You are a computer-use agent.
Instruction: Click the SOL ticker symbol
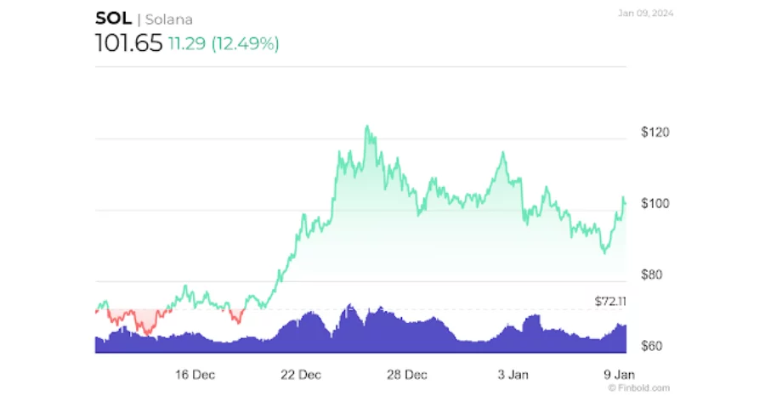tap(113, 19)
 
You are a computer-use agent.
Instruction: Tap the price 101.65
tap(127, 43)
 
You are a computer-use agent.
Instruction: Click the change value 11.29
tap(187, 44)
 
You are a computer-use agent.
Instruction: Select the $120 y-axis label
tap(654, 133)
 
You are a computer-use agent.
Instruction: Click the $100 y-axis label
tap(654, 204)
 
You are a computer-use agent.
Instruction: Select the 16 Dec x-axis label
tap(194, 375)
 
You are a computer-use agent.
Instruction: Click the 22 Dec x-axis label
tap(300, 375)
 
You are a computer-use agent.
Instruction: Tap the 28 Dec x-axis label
tap(406, 375)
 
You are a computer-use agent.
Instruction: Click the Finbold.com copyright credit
tap(638, 388)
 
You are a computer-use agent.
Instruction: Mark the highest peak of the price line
tap(367, 127)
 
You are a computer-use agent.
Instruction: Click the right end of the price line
tap(625, 201)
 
